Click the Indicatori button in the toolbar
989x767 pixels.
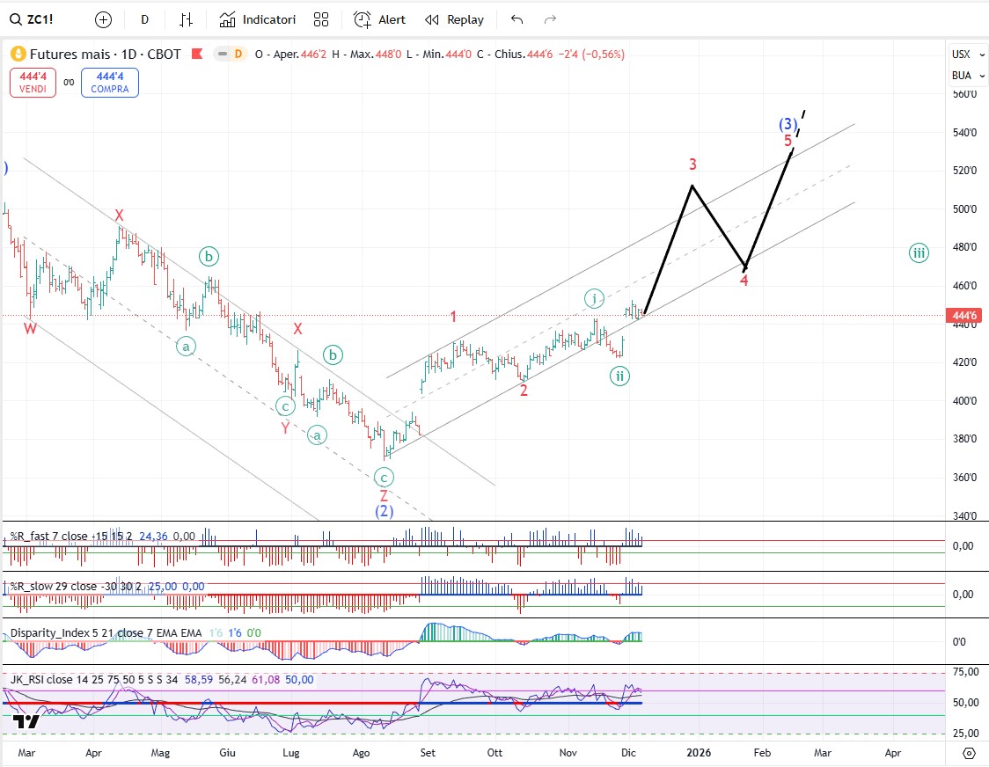click(258, 19)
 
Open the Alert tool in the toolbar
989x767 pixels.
click(379, 19)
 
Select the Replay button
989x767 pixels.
click(454, 19)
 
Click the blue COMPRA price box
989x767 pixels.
click(109, 83)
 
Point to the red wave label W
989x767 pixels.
click(30, 328)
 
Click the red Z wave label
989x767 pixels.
click(384, 496)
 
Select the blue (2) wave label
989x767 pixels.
click(384, 511)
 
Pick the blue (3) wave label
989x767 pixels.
click(788, 124)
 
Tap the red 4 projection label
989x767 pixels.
click(744, 281)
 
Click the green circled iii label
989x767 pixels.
click(919, 253)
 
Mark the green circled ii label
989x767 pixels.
click(619, 376)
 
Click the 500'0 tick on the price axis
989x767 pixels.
click(965, 209)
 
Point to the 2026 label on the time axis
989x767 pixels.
click(699, 753)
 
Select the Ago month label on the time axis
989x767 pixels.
click(361, 753)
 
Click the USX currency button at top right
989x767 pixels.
click(961, 55)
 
